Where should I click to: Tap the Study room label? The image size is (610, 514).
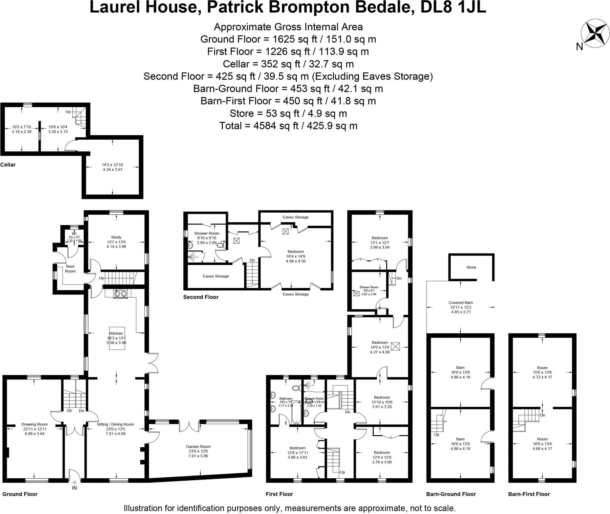[x=116, y=237]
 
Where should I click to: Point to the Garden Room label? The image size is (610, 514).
[x=198, y=446]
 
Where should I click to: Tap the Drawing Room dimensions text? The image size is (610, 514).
[x=35, y=431]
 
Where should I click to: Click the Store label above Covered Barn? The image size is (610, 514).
[x=471, y=267]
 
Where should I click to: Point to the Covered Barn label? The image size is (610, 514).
[x=460, y=302]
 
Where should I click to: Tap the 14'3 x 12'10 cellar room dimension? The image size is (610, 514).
[x=112, y=165]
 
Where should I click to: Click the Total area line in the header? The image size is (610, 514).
[x=288, y=126]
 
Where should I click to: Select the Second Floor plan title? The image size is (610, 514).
[x=201, y=297]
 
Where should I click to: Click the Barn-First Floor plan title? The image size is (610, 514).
[x=529, y=494]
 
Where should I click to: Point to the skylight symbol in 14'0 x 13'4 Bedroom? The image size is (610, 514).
[x=395, y=346]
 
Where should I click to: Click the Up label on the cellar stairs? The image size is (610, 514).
[x=68, y=112]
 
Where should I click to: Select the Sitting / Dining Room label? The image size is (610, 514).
[x=116, y=424]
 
